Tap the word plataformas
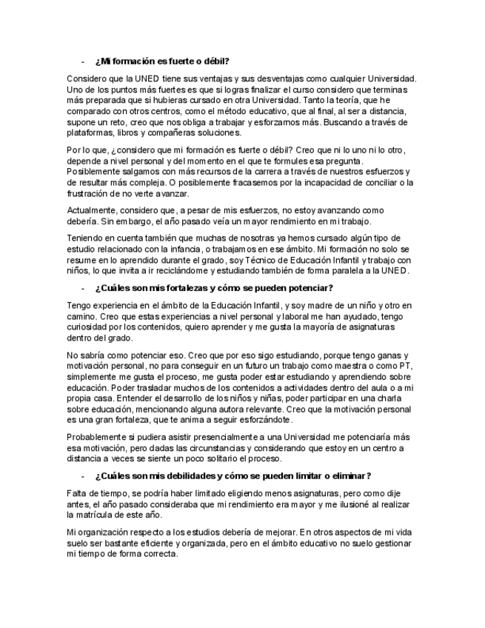[91, 132]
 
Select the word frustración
[90, 193]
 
